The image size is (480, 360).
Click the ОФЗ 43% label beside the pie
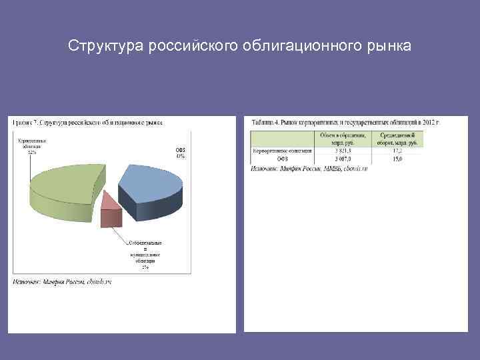pos(180,153)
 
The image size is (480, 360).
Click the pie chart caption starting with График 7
pos(87,123)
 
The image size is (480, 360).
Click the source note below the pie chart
pos(62,282)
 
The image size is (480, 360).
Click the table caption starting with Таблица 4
pos(345,123)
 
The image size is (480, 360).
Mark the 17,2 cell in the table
pos(397,151)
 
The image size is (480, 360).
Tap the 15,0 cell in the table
pos(397,159)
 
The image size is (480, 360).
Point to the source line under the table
pos(309,169)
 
